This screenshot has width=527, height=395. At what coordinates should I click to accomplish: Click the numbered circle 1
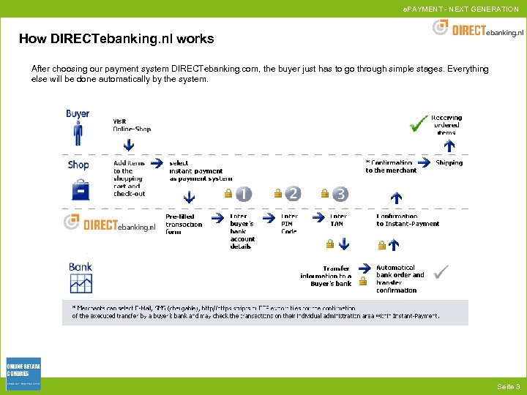(243, 194)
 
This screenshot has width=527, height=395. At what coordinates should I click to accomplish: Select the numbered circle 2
(292, 193)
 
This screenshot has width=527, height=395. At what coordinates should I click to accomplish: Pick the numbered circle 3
(340, 194)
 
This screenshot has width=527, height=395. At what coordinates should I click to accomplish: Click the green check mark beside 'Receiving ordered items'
(419, 123)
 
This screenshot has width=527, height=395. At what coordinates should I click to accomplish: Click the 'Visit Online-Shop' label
(132, 125)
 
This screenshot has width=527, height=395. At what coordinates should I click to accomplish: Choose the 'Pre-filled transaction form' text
(184, 224)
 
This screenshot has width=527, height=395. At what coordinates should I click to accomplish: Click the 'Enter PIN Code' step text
(290, 224)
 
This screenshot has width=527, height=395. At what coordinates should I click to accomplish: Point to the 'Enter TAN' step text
(338, 220)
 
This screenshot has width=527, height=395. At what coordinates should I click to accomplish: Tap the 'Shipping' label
(449, 163)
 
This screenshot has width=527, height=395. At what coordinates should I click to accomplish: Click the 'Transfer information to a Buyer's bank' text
(326, 276)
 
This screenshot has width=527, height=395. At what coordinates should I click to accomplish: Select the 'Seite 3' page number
(508, 386)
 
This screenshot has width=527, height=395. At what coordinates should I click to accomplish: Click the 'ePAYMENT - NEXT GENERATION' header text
(460, 9)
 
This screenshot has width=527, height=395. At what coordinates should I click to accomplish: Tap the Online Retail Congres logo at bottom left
(23, 374)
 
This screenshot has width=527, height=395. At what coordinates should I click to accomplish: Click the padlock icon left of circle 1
(228, 195)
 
